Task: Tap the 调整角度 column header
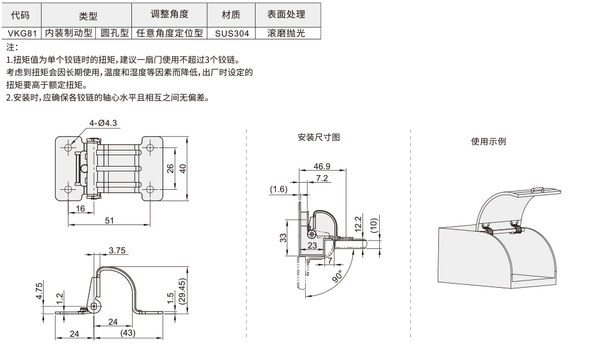(170, 14)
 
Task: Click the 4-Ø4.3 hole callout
(103, 123)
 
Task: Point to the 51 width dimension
(110, 220)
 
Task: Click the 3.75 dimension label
(117, 251)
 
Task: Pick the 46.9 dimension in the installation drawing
(321, 167)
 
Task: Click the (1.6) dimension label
(278, 189)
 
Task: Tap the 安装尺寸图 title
(318, 137)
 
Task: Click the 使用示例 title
(488, 141)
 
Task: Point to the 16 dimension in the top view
(81, 208)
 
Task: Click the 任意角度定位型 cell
(169, 33)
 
